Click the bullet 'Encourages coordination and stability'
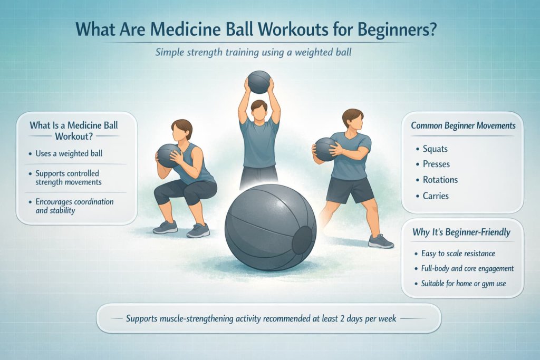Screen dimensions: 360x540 click(x=74, y=206)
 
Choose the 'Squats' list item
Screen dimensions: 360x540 click(x=435, y=149)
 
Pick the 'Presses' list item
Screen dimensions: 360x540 click(x=437, y=164)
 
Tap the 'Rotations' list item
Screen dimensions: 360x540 click(x=440, y=180)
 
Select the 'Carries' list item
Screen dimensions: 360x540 click(x=436, y=196)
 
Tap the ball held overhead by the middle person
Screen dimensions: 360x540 click(x=259, y=82)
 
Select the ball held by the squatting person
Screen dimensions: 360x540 click(x=169, y=155)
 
